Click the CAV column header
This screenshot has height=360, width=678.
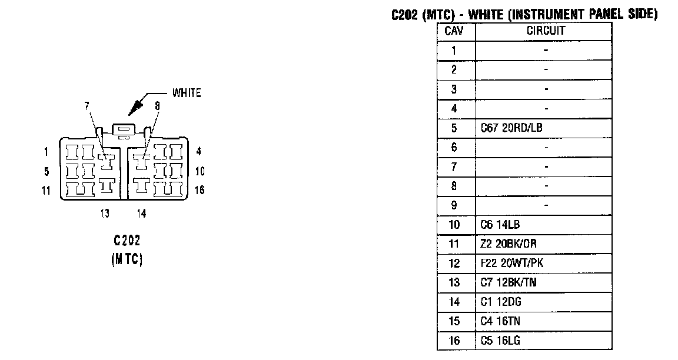coord(453,31)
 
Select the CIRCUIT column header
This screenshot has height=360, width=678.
coord(545,31)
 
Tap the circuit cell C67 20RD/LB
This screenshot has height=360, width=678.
coord(511,128)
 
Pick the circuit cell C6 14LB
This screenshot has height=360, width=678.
coord(500,225)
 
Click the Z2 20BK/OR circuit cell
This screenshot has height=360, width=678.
coord(508,244)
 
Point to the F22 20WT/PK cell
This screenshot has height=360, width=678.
coord(511,263)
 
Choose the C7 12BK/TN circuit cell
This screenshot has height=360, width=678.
coord(508,282)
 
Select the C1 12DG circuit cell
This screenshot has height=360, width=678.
coord(501,302)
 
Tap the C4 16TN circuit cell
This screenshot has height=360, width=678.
coord(500,321)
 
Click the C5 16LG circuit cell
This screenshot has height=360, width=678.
coord(500,341)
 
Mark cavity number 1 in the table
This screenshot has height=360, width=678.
coord(454,51)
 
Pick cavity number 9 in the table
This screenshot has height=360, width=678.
coord(454,205)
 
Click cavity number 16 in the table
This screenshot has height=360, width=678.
coord(454,341)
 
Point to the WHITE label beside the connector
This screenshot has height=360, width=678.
coord(186,93)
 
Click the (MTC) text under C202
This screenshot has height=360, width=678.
coord(127,259)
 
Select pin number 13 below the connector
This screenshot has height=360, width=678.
coord(105,214)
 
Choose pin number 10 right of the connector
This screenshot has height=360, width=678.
coord(200,172)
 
